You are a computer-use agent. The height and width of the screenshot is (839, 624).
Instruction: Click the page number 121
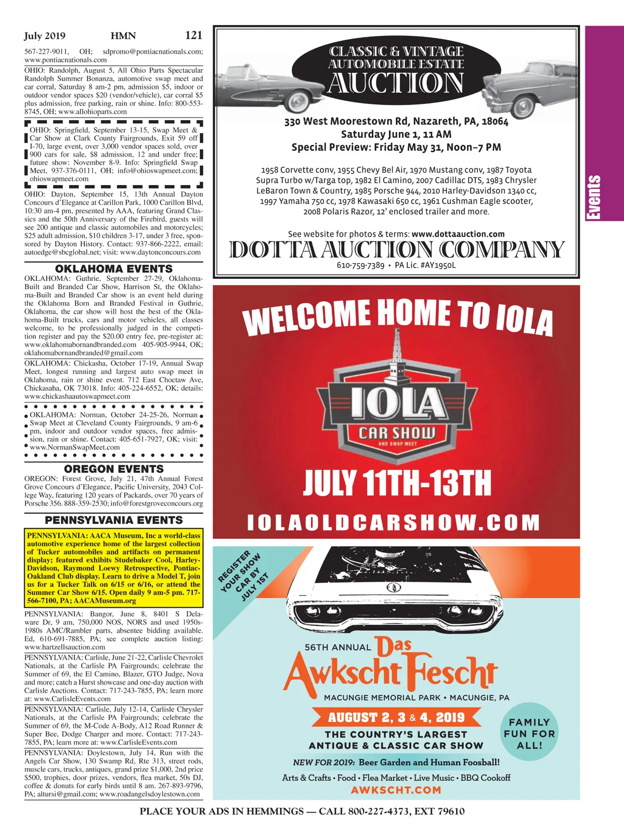point(193,35)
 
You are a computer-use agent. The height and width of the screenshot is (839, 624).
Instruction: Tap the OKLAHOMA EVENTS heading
point(113,269)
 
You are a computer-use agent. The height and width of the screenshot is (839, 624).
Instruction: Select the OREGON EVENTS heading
point(113,469)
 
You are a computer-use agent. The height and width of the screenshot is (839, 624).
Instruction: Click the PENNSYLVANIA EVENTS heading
point(113,520)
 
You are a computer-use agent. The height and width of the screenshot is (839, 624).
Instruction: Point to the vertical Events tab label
point(593,198)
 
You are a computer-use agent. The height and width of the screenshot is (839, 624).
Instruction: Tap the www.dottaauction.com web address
point(458,234)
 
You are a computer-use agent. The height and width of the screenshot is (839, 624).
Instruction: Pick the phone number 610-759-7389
point(360,265)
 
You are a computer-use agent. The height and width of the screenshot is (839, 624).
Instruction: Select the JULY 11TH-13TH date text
point(397,484)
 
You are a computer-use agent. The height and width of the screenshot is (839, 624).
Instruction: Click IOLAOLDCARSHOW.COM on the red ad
point(394,523)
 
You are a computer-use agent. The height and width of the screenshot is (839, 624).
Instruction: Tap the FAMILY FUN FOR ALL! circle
point(529,733)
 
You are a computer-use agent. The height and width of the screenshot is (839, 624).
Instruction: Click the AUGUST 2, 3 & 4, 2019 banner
point(396,718)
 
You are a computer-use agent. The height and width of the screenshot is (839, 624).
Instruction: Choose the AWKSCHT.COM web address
point(396,790)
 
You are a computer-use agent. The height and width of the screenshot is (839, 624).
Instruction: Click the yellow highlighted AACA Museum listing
point(113,568)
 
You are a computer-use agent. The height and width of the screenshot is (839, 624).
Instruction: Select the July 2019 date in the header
point(45,36)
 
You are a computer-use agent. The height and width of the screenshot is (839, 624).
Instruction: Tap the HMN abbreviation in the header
point(123,36)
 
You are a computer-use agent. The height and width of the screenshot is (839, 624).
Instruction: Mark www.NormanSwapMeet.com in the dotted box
point(75,447)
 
